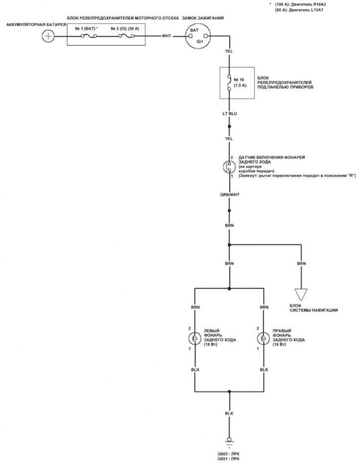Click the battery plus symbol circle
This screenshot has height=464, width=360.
[x=48, y=36]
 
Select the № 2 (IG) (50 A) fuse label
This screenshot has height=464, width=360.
[x=125, y=29]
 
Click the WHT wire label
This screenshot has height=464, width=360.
[x=166, y=36]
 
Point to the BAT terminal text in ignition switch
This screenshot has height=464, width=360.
[x=194, y=30]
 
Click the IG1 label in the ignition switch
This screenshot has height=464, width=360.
[x=200, y=42]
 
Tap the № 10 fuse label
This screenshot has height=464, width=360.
[x=239, y=80]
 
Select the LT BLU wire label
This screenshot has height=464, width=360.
[x=229, y=114]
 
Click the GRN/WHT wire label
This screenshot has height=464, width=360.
[x=229, y=195]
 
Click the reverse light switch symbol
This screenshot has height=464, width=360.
[x=229, y=167]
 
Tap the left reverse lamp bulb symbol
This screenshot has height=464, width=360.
[x=195, y=338]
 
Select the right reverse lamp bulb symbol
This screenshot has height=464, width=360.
[x=263, y=338]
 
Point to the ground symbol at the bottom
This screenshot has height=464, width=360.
[x=229, y=441]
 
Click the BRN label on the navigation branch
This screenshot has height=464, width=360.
[x=301, y=264]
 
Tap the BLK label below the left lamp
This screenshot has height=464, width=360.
[x=195, y=369]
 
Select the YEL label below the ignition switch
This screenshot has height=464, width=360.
[x=229, y=51]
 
